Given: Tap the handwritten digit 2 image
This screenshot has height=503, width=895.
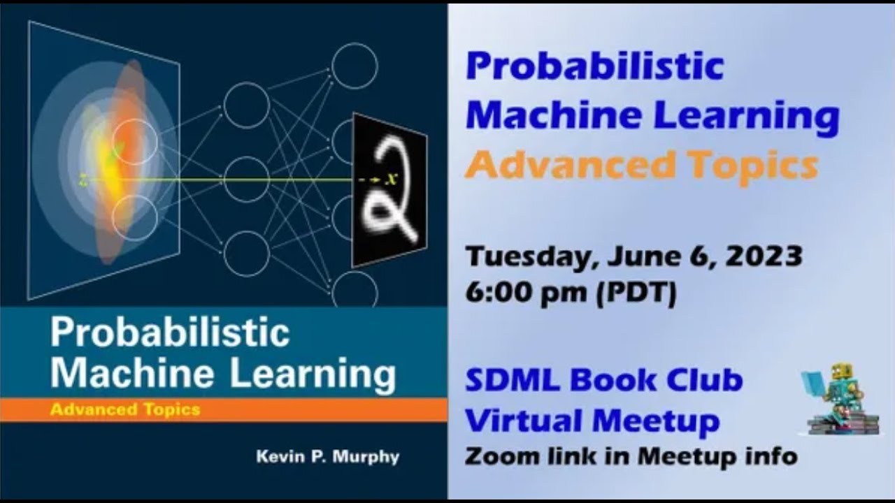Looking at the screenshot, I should pos(389,189).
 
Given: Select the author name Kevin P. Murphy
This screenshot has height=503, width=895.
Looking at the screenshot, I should pos(328,457).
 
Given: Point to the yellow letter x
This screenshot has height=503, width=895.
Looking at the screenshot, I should pos(392,178).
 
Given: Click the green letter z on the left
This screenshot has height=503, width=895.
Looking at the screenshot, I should pos(83,180).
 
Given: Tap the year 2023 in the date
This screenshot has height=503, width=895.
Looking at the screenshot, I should pos(764,256).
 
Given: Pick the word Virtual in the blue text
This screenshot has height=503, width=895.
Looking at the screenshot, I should pos(524,421).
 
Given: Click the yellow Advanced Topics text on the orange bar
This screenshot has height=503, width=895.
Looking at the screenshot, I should pos(124,410).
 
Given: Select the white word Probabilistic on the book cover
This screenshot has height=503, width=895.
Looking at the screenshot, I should pos(169,334).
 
